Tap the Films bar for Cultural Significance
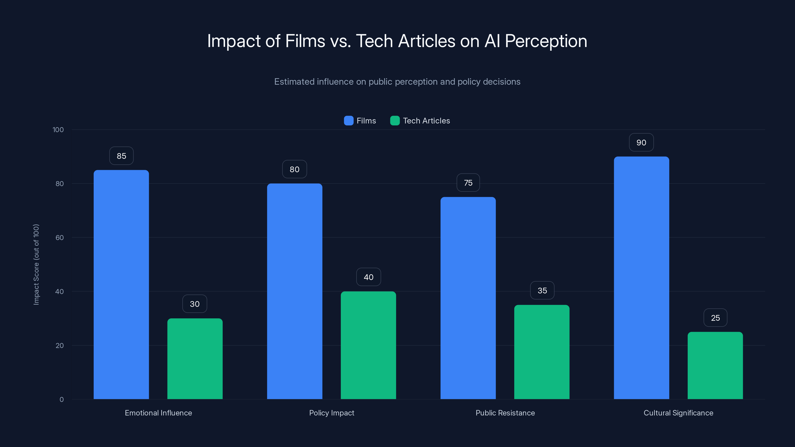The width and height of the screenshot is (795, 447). tap(641, 278)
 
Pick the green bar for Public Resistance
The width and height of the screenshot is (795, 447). tap(542, 352)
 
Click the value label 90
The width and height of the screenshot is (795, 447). tap(641, 143)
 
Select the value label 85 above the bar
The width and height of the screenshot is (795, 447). tap(121, 156)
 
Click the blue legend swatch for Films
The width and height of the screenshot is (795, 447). tap(348, 121)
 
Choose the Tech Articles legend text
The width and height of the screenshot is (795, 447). tap(426, 121)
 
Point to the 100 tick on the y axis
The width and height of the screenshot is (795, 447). tap(58, 130)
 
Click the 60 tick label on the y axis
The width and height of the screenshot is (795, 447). tap(60, 238)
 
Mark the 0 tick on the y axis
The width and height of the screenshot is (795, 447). tap(61, 400)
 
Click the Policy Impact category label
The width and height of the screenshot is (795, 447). tap(331, 413)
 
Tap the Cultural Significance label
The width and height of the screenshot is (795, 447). tap(678, 413)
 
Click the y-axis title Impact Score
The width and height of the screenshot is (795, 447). tap(36, 264)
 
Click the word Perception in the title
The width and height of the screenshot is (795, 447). tap(546, 41)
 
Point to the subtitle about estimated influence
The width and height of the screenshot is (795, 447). tap(397, 82)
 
